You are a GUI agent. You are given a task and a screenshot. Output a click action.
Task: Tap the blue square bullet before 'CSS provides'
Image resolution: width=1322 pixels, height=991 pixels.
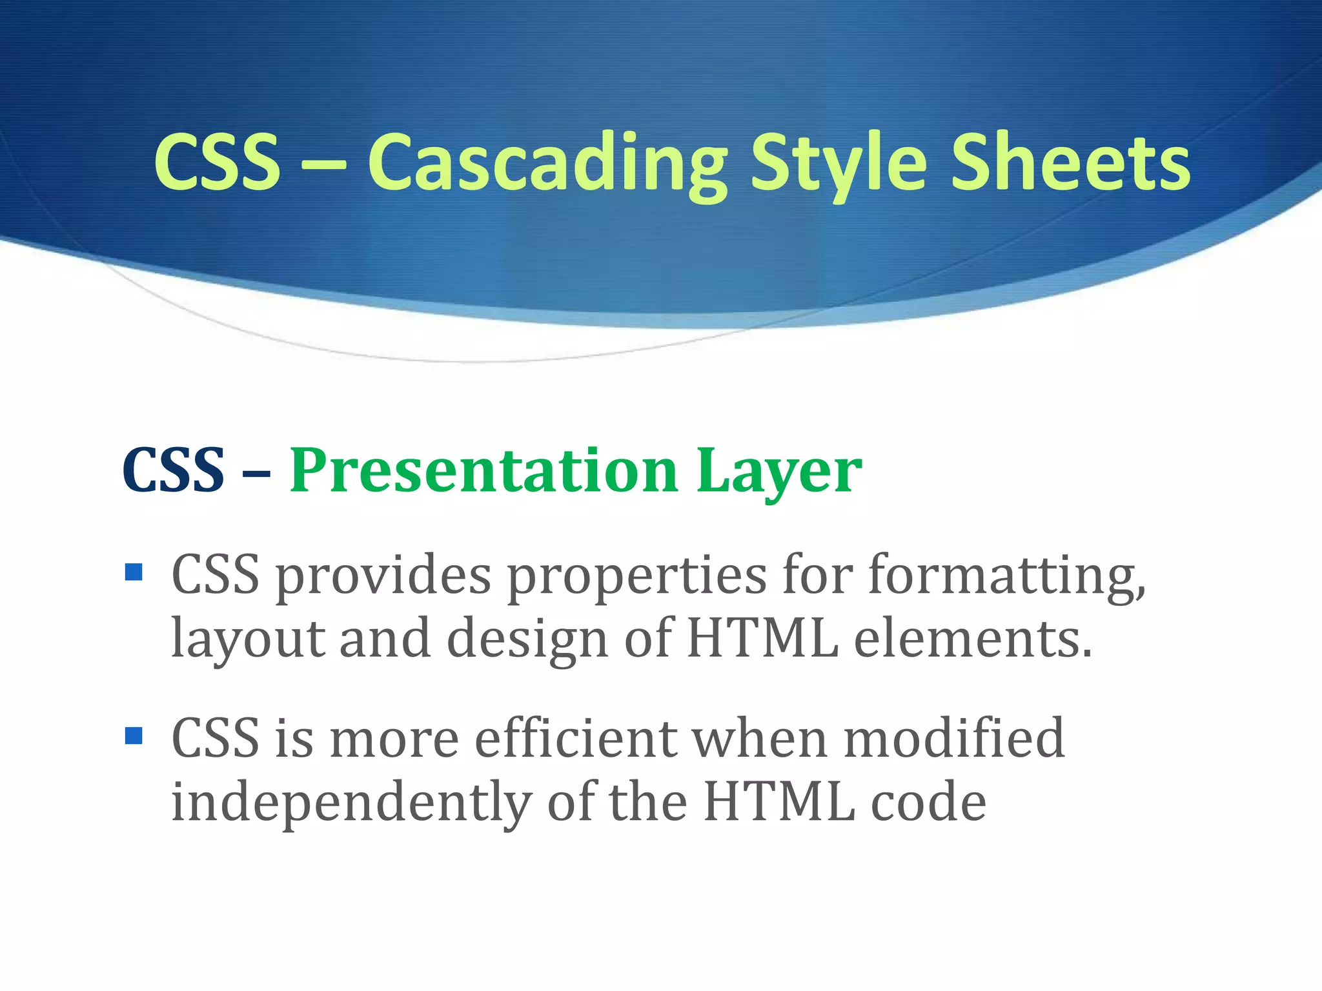tap(134, 572)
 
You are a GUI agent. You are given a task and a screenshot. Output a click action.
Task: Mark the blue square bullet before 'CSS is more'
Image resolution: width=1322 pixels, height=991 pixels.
tap(134, 736)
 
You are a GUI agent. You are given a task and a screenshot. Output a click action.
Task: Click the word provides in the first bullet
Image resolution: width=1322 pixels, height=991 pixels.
tap(383, 576)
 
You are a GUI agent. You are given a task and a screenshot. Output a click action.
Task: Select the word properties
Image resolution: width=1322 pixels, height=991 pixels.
tap(637, 576)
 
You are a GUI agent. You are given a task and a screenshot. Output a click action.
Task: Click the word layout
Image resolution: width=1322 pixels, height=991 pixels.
tap(248, 639)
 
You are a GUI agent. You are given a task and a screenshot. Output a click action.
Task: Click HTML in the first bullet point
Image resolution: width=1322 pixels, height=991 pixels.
tap(762, 639)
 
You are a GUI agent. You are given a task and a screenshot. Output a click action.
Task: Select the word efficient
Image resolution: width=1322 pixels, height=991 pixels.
tap(576, 738)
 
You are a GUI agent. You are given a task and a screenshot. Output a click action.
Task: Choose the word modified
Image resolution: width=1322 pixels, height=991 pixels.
tap(954, 738)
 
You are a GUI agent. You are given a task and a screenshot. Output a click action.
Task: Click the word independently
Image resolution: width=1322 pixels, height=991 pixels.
tap(351, 803)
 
